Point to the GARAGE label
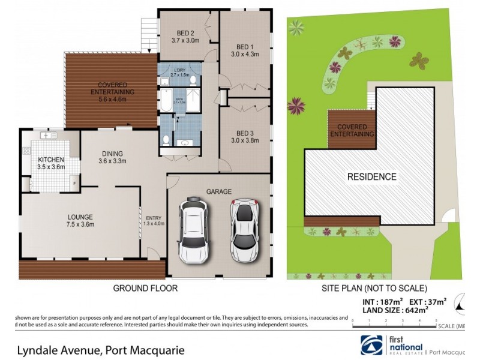pos(220,191)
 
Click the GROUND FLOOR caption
pos(145,288)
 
